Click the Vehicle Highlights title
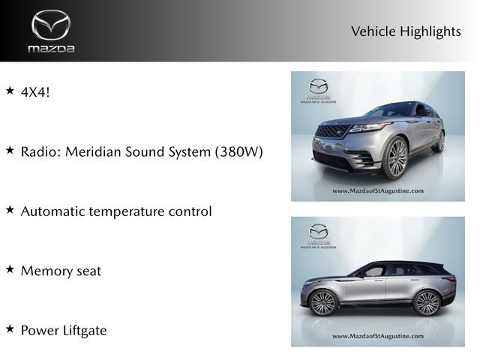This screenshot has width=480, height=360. pos(405,31)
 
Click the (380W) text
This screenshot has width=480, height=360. pos(238,151)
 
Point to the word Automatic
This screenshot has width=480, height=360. pos(54,211)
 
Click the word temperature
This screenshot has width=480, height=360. pos(132,211)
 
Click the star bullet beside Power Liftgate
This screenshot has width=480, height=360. pos(10,328)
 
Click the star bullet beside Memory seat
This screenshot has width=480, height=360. pos(10,269)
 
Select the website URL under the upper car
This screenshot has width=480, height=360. pos(377,191)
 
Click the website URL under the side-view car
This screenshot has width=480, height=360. pos(377,337)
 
